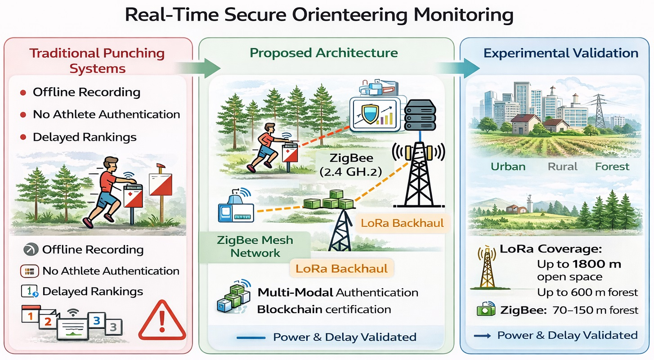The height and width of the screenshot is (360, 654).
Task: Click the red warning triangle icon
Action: (162, 320)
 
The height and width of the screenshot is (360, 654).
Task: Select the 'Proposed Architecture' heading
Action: (324, 53)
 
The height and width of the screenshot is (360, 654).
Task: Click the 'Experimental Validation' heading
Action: (561, 53)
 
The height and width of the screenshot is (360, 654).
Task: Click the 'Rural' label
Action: (562, 166)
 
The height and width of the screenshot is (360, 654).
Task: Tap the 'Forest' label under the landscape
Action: (612, 166)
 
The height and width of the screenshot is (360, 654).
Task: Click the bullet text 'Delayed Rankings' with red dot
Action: (85, 137)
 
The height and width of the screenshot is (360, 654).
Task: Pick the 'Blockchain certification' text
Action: (324, 310)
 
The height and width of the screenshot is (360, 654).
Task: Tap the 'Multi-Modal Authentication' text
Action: (338, 292)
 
